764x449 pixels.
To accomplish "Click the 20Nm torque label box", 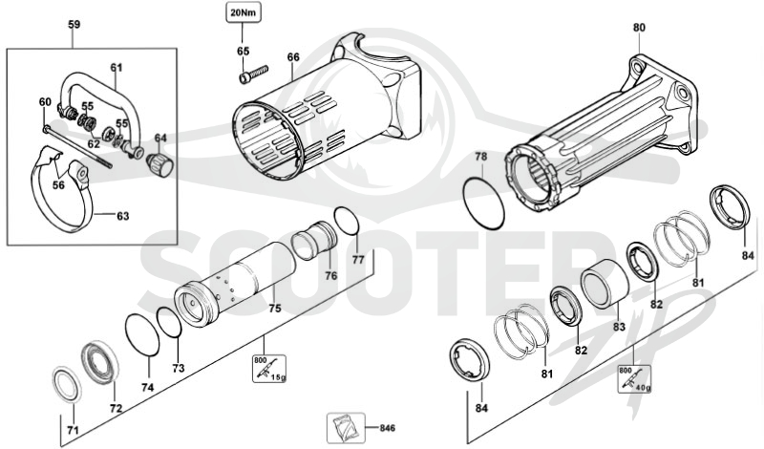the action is click(244, 12).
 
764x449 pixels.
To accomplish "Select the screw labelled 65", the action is click(254, 74).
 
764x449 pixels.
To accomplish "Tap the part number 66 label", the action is click(293, 57).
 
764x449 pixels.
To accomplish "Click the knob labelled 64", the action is click(160, 164).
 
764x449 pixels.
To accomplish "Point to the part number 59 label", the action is click(74, 25).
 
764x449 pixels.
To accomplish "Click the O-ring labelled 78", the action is click(484, 203).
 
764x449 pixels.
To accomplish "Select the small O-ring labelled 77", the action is click(348, 221).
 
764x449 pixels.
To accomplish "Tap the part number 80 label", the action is click(639, 28).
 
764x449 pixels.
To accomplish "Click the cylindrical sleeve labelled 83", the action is click(605, 286).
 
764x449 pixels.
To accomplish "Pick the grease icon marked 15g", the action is click(269, 369).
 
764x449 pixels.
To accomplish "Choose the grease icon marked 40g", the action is click(634, 379).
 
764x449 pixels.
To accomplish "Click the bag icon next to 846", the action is click(346, 428).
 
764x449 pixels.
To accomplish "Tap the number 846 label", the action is click(388, 429).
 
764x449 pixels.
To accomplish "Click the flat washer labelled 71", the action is click(67, 386).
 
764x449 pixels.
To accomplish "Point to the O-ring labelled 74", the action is click(142, 336).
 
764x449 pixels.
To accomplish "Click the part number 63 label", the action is click(123, 216).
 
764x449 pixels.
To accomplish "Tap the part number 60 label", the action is click(45, 102).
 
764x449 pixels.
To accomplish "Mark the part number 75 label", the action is click(275, 309).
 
